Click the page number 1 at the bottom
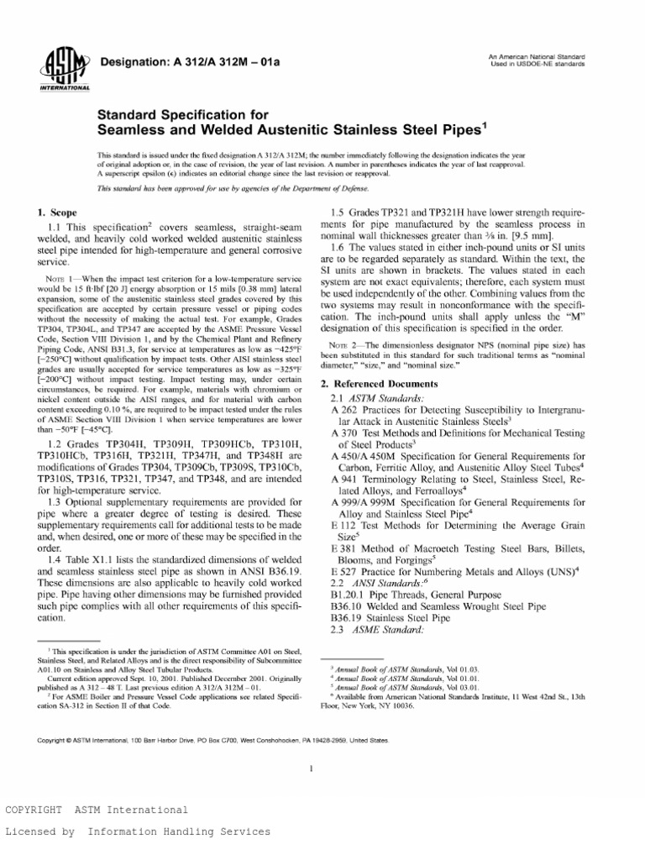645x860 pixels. pos(312,768)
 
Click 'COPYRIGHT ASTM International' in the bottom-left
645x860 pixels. pos(97,810)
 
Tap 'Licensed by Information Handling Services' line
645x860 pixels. pos(139,831)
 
